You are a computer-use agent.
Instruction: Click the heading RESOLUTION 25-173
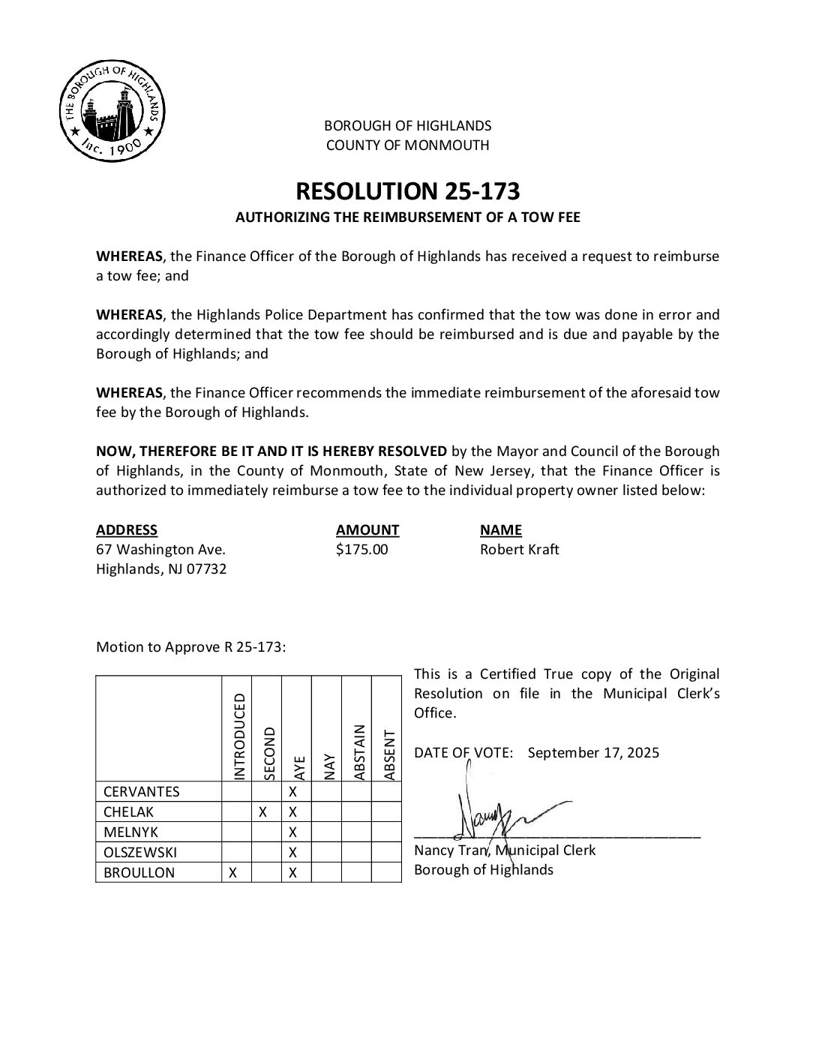pyautogui.click(x=407, y=191)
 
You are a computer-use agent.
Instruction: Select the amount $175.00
pyautogui.click(x=362, y=549)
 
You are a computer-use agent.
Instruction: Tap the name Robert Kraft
pyautogui.click(x=519, y=549)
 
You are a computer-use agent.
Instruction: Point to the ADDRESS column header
pyautogui.click(x=127, y=529)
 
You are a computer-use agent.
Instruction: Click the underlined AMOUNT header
pyautogui.click(x=367, y=529)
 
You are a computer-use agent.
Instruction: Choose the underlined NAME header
pyautogui.click(x=500, y=529)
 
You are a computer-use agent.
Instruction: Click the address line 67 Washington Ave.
pyautogui.click(x=160, y=549)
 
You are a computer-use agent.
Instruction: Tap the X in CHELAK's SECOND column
pyautogui.click(x=262, y=811)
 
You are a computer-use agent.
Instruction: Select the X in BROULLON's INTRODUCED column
pyautogui.click(x=232, y=872)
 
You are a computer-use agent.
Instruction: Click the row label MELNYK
pyautogui.click(x=130, y=832)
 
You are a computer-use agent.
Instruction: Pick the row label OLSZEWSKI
pyautogui.click(x=140, y=852)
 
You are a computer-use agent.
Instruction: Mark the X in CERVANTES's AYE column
pyautogui.click(x=293, y=791)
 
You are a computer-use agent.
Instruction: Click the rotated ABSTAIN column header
pyautogui.click(x=359, y=751)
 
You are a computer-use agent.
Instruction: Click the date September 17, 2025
pyautogui.click(x=593, y=752)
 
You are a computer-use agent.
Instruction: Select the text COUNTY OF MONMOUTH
pyautogui.click(x=407, y=145)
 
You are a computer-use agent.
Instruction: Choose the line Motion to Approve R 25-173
pyautogui.click(x=190, y=647)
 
